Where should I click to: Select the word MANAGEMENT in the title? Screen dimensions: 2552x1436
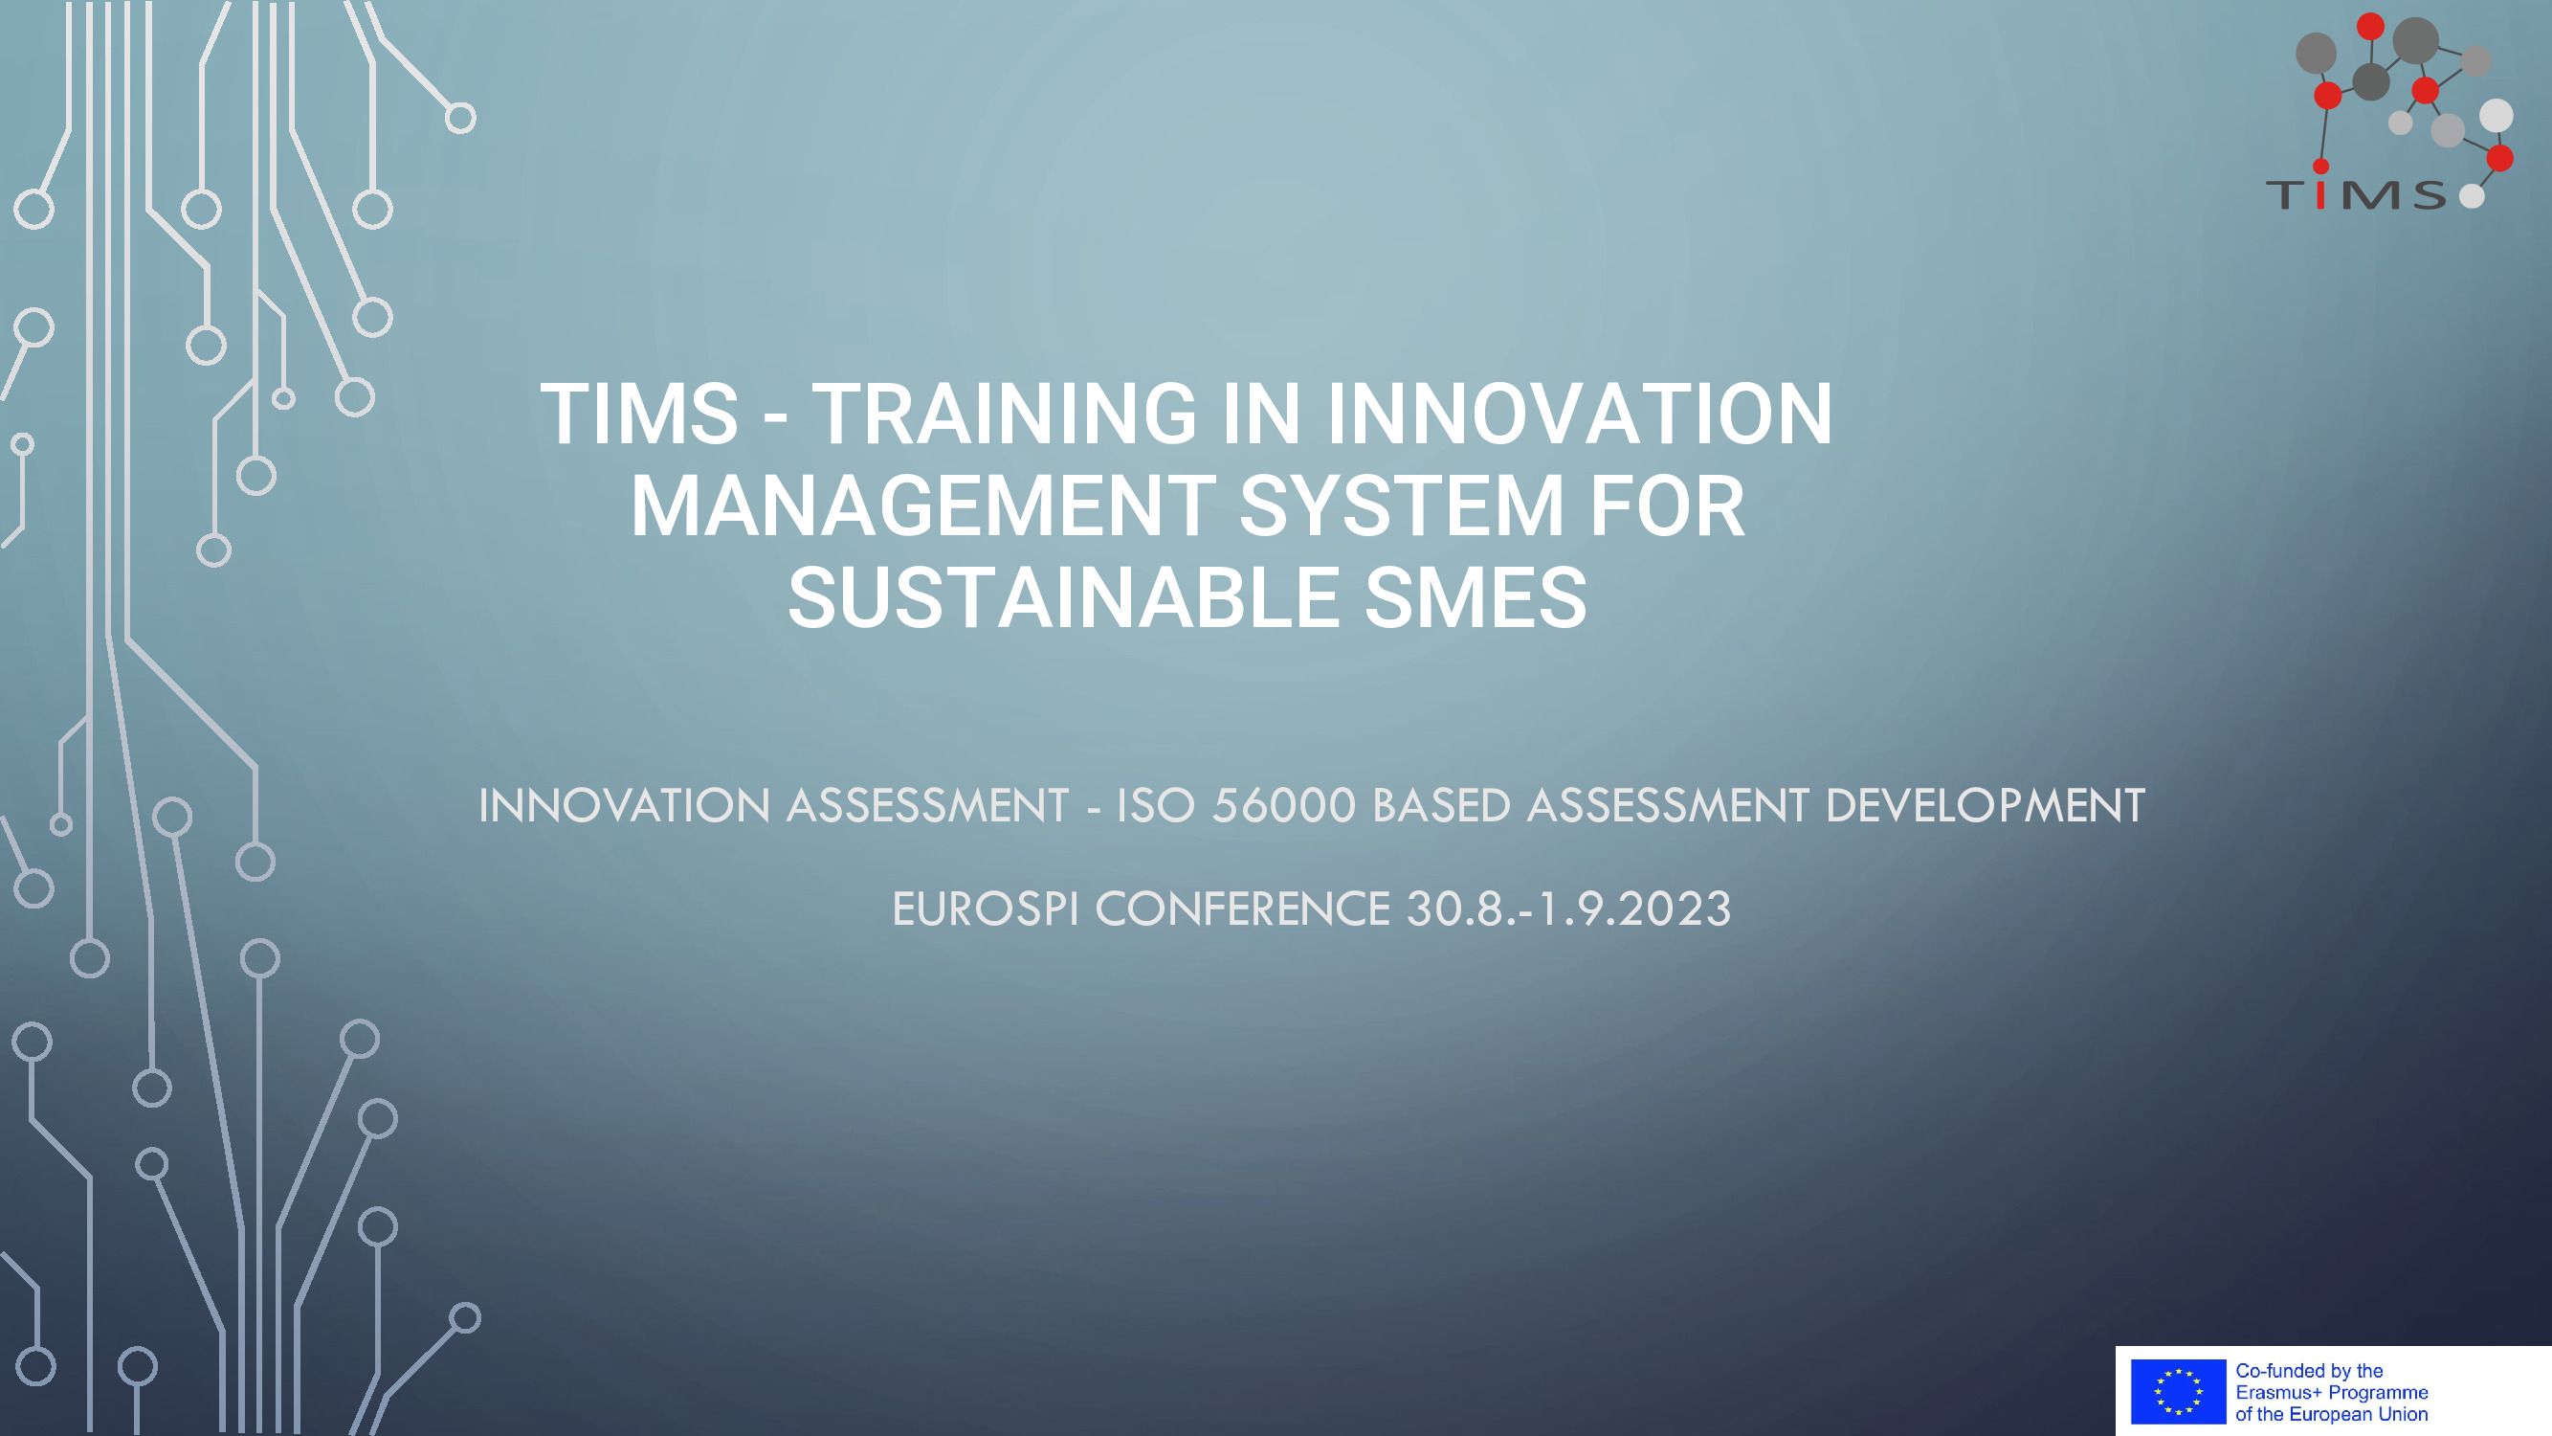923,506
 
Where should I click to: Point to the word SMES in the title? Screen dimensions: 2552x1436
1476,597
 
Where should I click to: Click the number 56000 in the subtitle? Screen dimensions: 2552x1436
1284,806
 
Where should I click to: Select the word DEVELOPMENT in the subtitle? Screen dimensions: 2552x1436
1985,806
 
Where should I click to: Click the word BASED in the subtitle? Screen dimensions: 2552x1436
1441,806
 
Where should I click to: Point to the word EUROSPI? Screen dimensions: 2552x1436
986,909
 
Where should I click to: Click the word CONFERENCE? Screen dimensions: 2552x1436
1243,909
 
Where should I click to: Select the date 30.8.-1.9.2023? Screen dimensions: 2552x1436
1569,909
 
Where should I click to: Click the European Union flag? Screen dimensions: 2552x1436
2179,1391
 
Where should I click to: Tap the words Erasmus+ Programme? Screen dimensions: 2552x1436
2331,1392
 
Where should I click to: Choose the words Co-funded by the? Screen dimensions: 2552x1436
2309,1371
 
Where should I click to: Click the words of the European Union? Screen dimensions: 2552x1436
2331,1414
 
